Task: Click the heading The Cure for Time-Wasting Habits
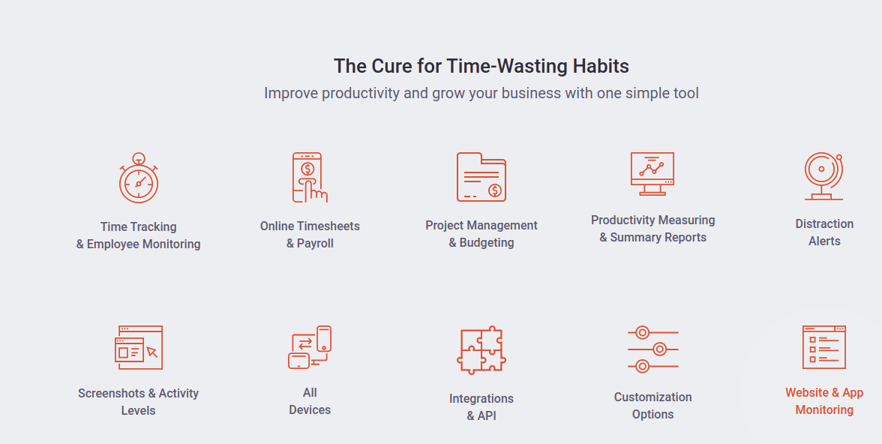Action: pyautogui.click(x=481, y=66)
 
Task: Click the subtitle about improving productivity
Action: pyautogui.click(x=481, y=93)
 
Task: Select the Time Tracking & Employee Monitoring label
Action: pyautogui.click(x=138, y=235)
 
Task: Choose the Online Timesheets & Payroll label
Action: pyautogui.click(x=310, y=235)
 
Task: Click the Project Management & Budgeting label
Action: pyautogui.click(x=481, y=234)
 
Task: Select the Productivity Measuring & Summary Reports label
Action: pyautogui.click(x=653, y=229)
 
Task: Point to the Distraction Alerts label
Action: pyautogui.click(x=825, y=232)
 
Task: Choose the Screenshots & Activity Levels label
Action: pyautogui.click(x=138, y=402)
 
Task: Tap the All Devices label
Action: pyautogui.click(x=310, y=401)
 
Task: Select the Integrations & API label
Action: pyautogui.click(x=481, y=406)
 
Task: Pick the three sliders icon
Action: pyautogui.click(x=653, y=349)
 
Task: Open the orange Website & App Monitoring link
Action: pyautogui.click(x=825, y=401)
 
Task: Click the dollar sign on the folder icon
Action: pyautogui.click(x=495, y=190)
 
